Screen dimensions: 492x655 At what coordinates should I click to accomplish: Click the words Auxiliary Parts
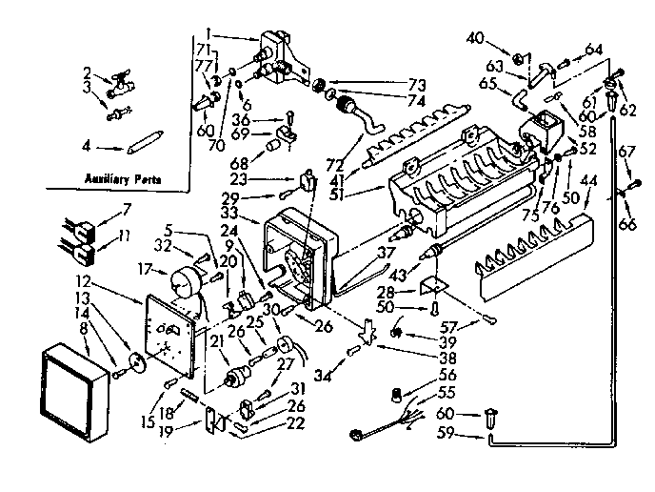[x=121, y=178]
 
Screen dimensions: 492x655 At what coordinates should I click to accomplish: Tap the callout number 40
[x=476, y=38]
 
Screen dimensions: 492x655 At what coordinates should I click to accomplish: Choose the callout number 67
[x=626, y=150]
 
